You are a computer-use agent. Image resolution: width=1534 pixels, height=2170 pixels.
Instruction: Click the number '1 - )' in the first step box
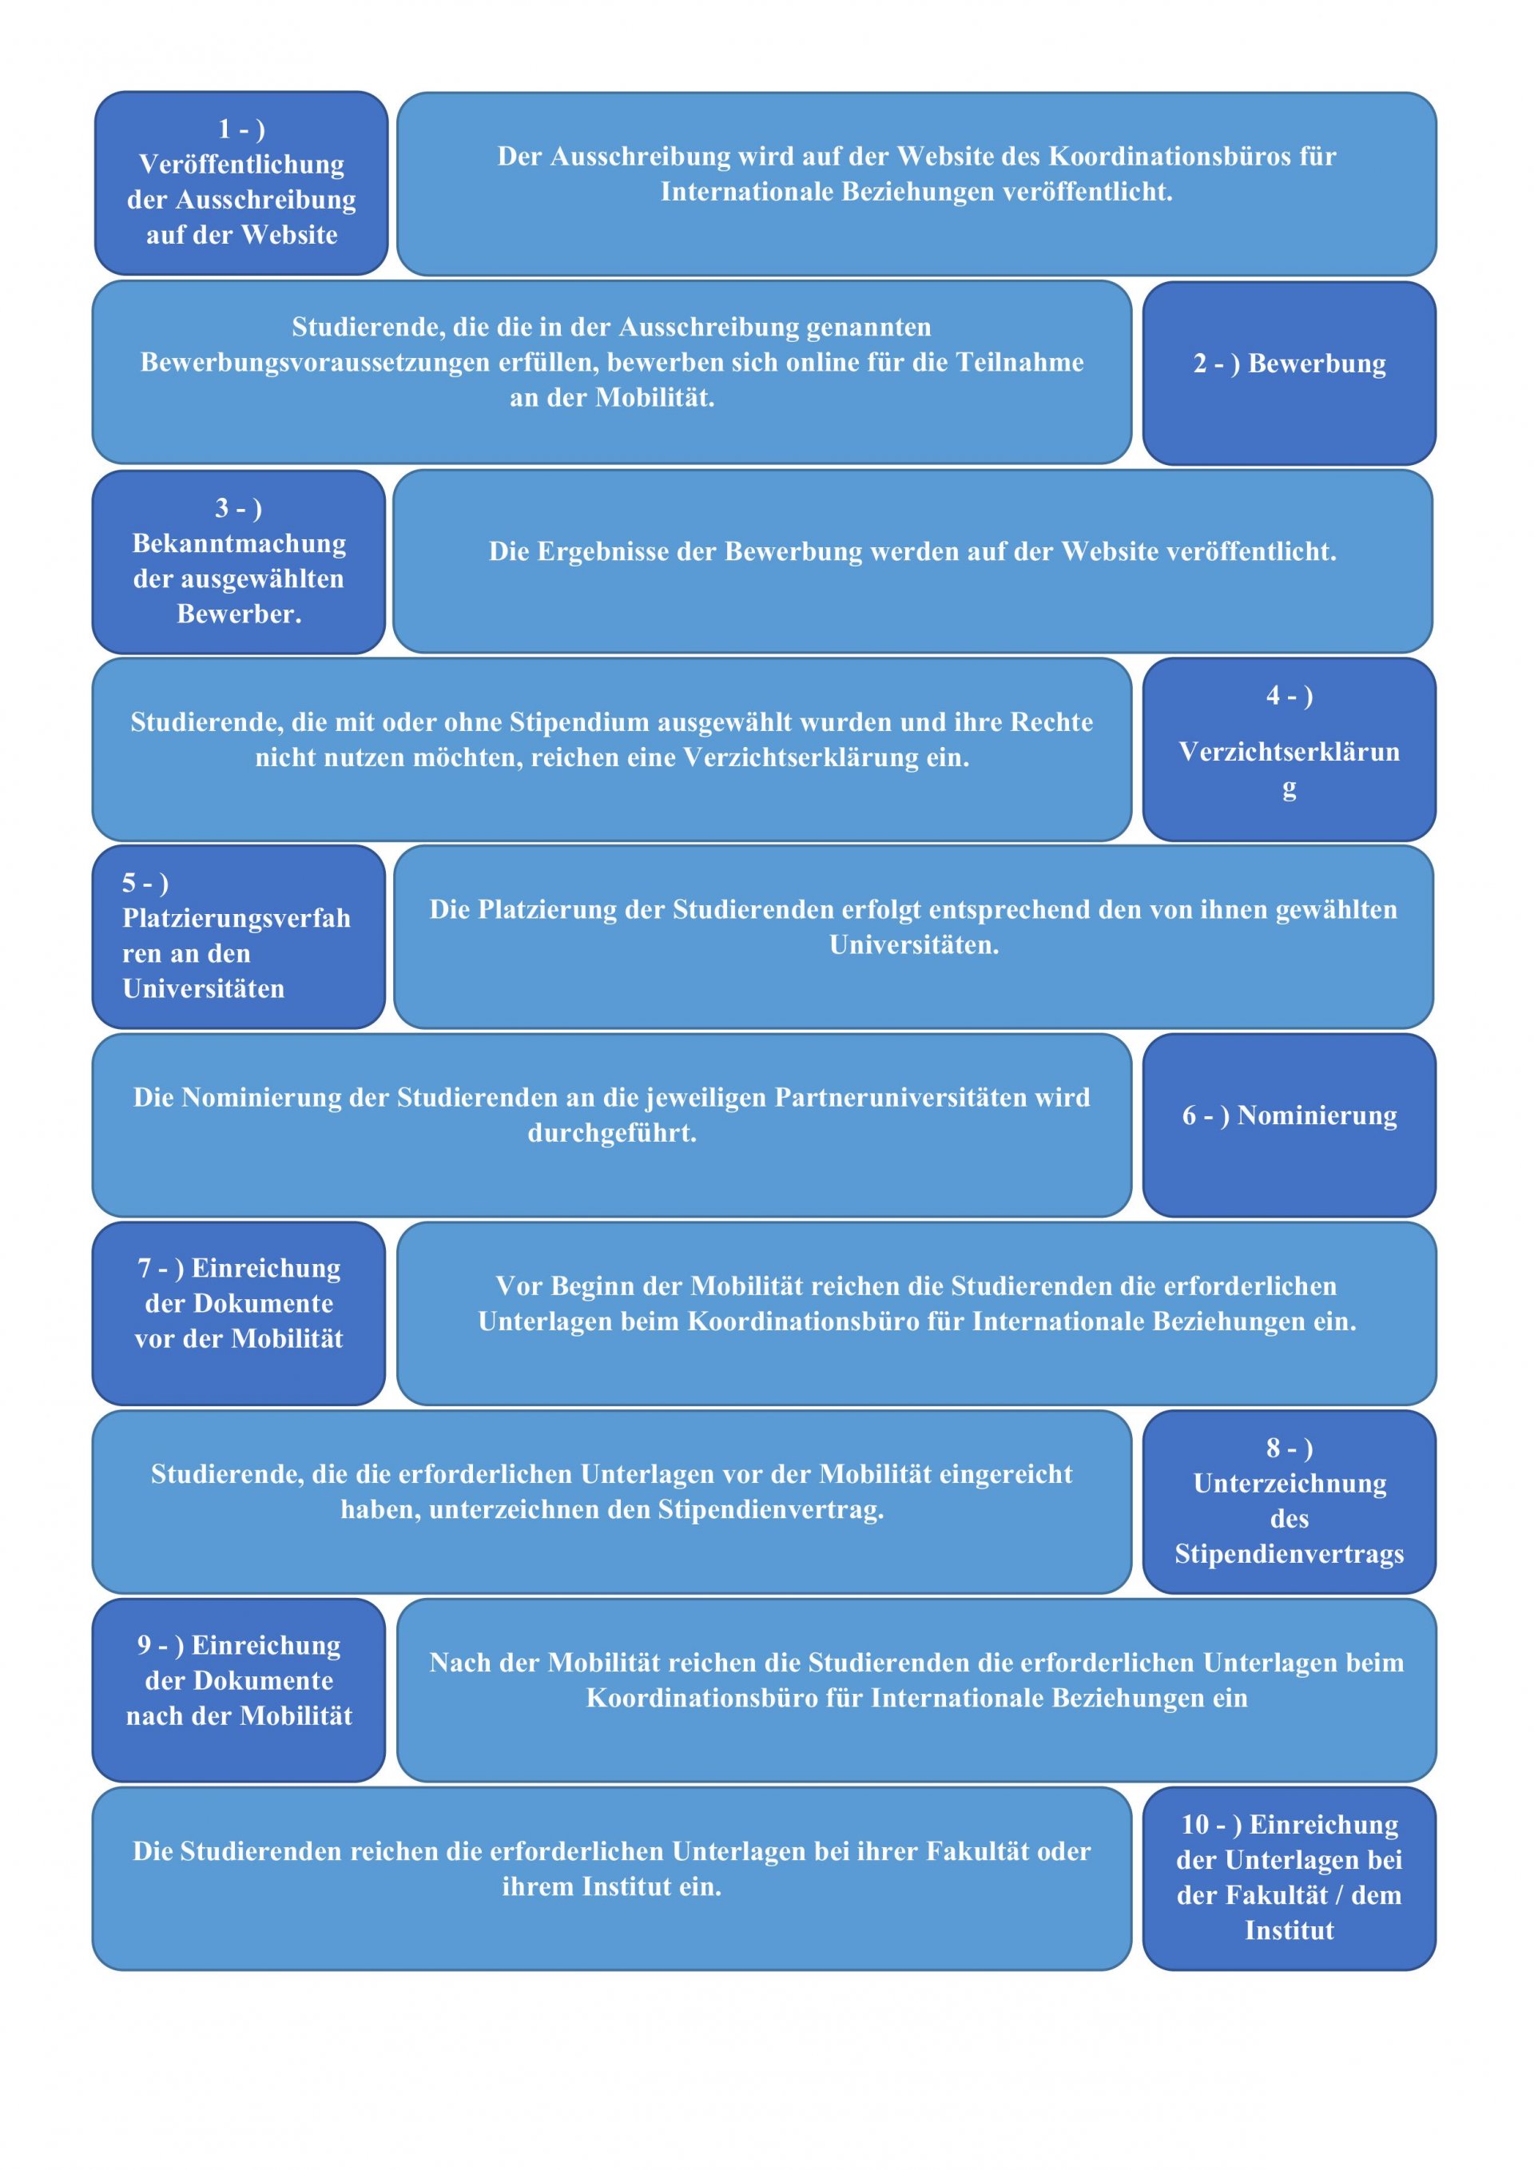pyautogui.click(x=241, y=129)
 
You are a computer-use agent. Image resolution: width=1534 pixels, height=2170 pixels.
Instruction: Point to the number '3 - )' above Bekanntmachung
pyautogui.click(x=238, y=508)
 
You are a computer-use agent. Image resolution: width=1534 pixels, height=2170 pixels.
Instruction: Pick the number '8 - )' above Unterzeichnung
pyautogui.click(x=1290, y=1447)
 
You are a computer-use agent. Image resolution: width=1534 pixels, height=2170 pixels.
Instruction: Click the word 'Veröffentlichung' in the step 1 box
pyautogui.click(x=241, y=165)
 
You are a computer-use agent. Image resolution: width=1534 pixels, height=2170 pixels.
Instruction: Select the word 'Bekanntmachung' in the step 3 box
pyautogui.click(x=239, y=543)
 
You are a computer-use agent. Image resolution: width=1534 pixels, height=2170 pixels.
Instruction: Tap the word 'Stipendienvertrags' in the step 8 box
pyautogui.click(x=1290, y=1554)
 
